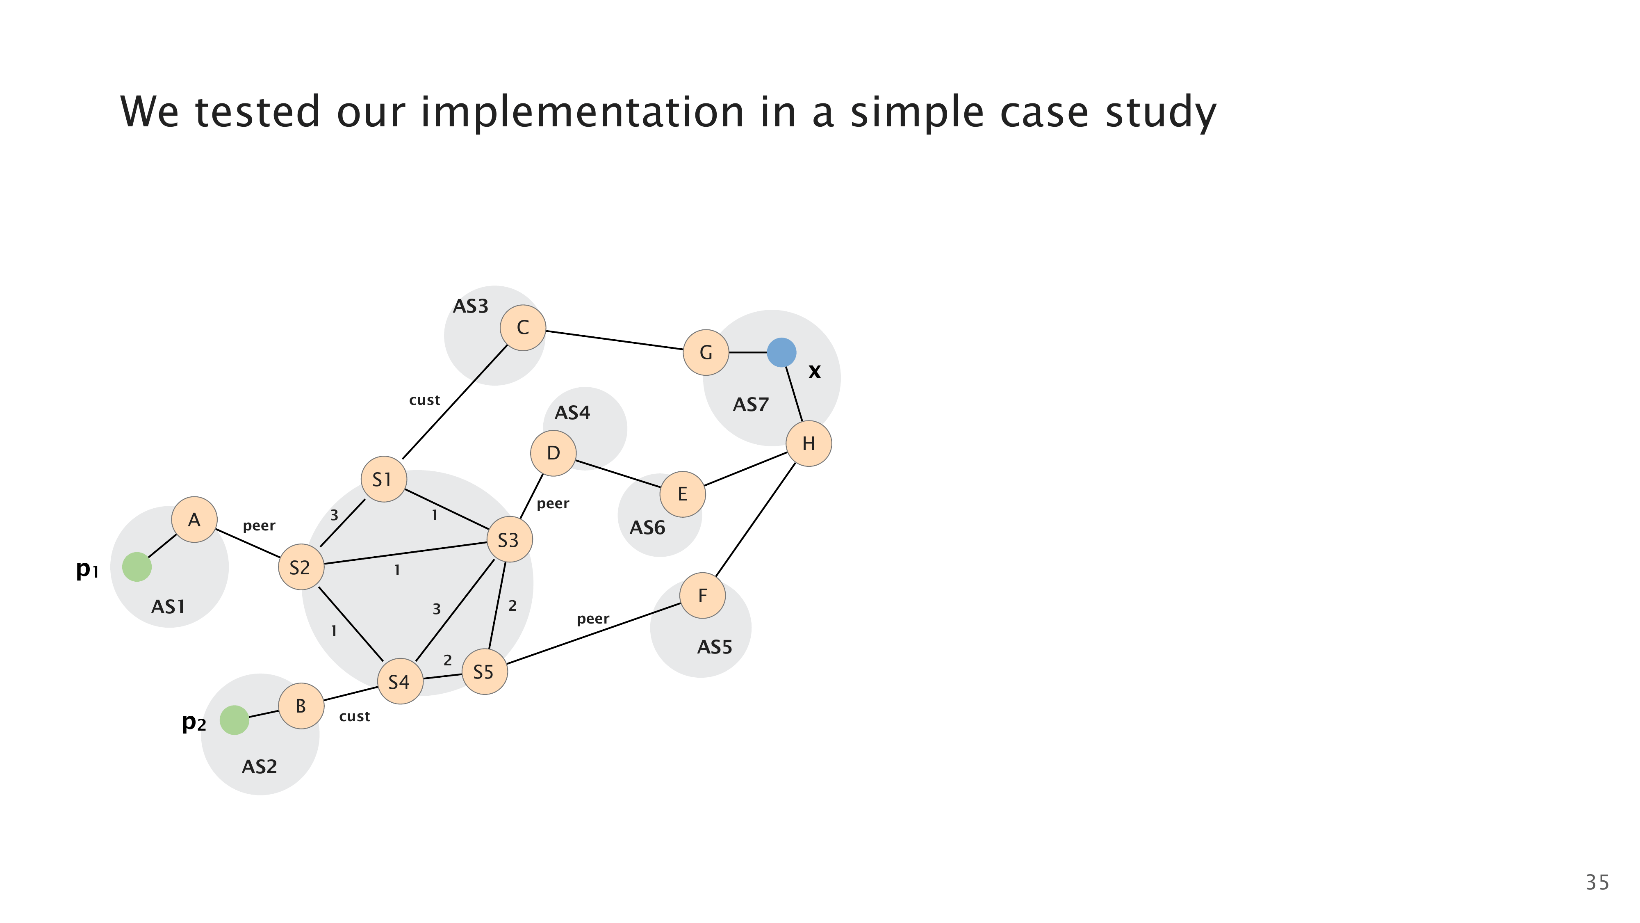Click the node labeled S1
pos(383,479)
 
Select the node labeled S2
pos(301,567)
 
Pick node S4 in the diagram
pos(400,681)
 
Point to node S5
pos(485,672)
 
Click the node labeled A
pos(194,520)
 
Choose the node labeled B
pos(301,706)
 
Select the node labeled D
pos(553,453)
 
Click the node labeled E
pos(683,493)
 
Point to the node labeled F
pos(702,596)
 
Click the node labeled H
pos(809,443)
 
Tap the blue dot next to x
pos(781,352)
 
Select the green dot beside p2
pos(234,720)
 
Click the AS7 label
pos(751,404)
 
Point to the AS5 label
pos(714,647)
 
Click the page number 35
pos(1597,882)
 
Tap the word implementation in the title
pos(582,112)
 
